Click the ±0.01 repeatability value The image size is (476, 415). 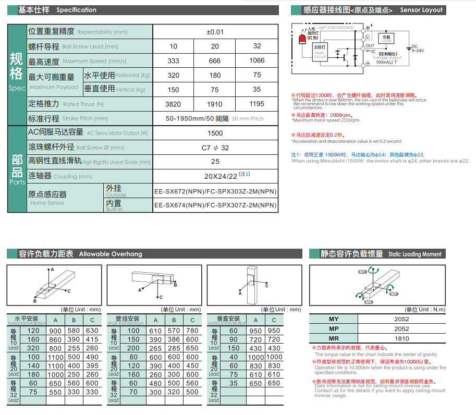[x=215, y=32]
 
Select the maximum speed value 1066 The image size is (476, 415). [x=257, y=60]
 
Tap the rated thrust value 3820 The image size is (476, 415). [x=173, y=104]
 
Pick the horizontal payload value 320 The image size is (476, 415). [x=173, y=75]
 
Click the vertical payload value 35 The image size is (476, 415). [x=257, y=89]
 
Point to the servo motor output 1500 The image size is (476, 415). [x=215, y=133]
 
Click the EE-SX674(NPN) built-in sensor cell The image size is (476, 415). [x=215, y=205]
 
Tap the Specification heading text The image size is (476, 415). [x=76, y=10]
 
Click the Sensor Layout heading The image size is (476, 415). [x=421, y=10]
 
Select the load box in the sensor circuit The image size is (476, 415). [x=386, y=38]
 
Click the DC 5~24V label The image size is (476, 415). [x=418, y=48]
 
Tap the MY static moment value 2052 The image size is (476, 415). [x=401, y=319]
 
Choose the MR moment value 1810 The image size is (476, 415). [x=401, y=338]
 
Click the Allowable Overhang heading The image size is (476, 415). [x=110, y=254]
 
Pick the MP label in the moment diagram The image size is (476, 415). [x=394, y=294]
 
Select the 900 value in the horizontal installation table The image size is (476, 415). [x=55, y=331]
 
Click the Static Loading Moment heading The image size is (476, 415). [x=414, y=254]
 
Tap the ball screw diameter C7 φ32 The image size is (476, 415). [x=215, y=148]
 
